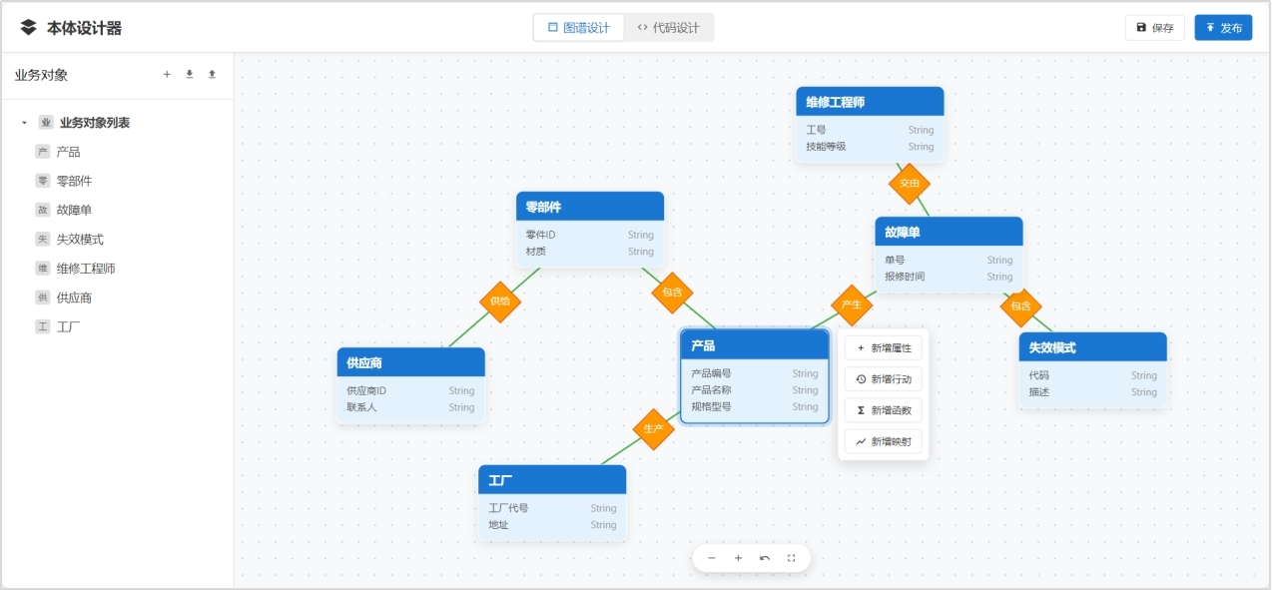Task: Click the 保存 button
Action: coord(1154,28)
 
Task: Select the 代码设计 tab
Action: coord(668,28)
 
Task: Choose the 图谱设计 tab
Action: coord(578,28)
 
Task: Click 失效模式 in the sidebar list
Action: coord(80,240)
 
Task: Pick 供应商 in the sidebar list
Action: coord(74,297)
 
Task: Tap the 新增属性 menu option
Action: coord(883,348)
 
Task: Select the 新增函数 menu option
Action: coord(883,410)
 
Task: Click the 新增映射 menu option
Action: coord(883,441)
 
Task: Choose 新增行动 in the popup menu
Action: coord(883,379)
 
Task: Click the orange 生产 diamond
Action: coord(654,429)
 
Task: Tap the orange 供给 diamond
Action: coord(500,301)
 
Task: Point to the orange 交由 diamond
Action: coord(910,184)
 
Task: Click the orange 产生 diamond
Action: coord(852,304)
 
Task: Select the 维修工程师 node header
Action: coord(870,102)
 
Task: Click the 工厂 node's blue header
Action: coord(552,480)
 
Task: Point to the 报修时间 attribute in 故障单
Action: coord(905,277)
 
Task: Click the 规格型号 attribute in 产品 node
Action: coord(712,406)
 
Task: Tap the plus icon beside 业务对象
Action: coord(167,75)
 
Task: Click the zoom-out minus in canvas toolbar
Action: coord(712,558)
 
